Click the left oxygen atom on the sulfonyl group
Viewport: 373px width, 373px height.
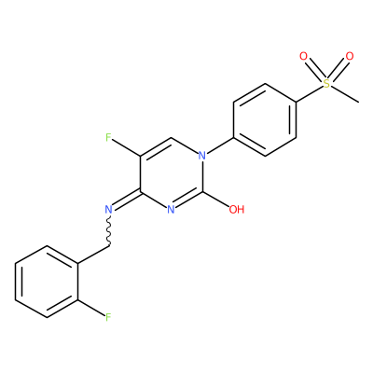click(303, 57)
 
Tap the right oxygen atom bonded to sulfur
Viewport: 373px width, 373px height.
click(350, 57)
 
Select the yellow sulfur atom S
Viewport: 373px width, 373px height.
click(326, 83)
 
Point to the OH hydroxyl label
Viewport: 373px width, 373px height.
click(237, 210)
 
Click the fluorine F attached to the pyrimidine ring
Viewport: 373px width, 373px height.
click(108, 137)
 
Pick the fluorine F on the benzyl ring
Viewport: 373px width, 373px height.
click(108, 317)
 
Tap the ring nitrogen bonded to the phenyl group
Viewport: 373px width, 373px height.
click(202, 156)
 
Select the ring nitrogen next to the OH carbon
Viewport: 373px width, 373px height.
click(171, 210)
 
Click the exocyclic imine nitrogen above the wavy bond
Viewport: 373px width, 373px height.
click(108, 210)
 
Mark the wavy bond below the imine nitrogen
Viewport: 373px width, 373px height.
click(109, 231)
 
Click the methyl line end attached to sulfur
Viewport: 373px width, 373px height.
click(359, 102)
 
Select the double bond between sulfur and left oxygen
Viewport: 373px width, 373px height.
click(314, 70)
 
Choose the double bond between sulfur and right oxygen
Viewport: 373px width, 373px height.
click(338, 70)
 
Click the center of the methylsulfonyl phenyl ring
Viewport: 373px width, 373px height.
click(265, 119)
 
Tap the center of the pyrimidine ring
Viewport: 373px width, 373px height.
click(172, 173)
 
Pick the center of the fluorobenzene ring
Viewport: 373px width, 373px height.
click(47, 282)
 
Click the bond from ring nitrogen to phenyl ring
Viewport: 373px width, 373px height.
click(220, 146)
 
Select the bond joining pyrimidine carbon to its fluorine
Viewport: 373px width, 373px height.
click(126, 147)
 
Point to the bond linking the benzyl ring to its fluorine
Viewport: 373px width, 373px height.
click(91, 308)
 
